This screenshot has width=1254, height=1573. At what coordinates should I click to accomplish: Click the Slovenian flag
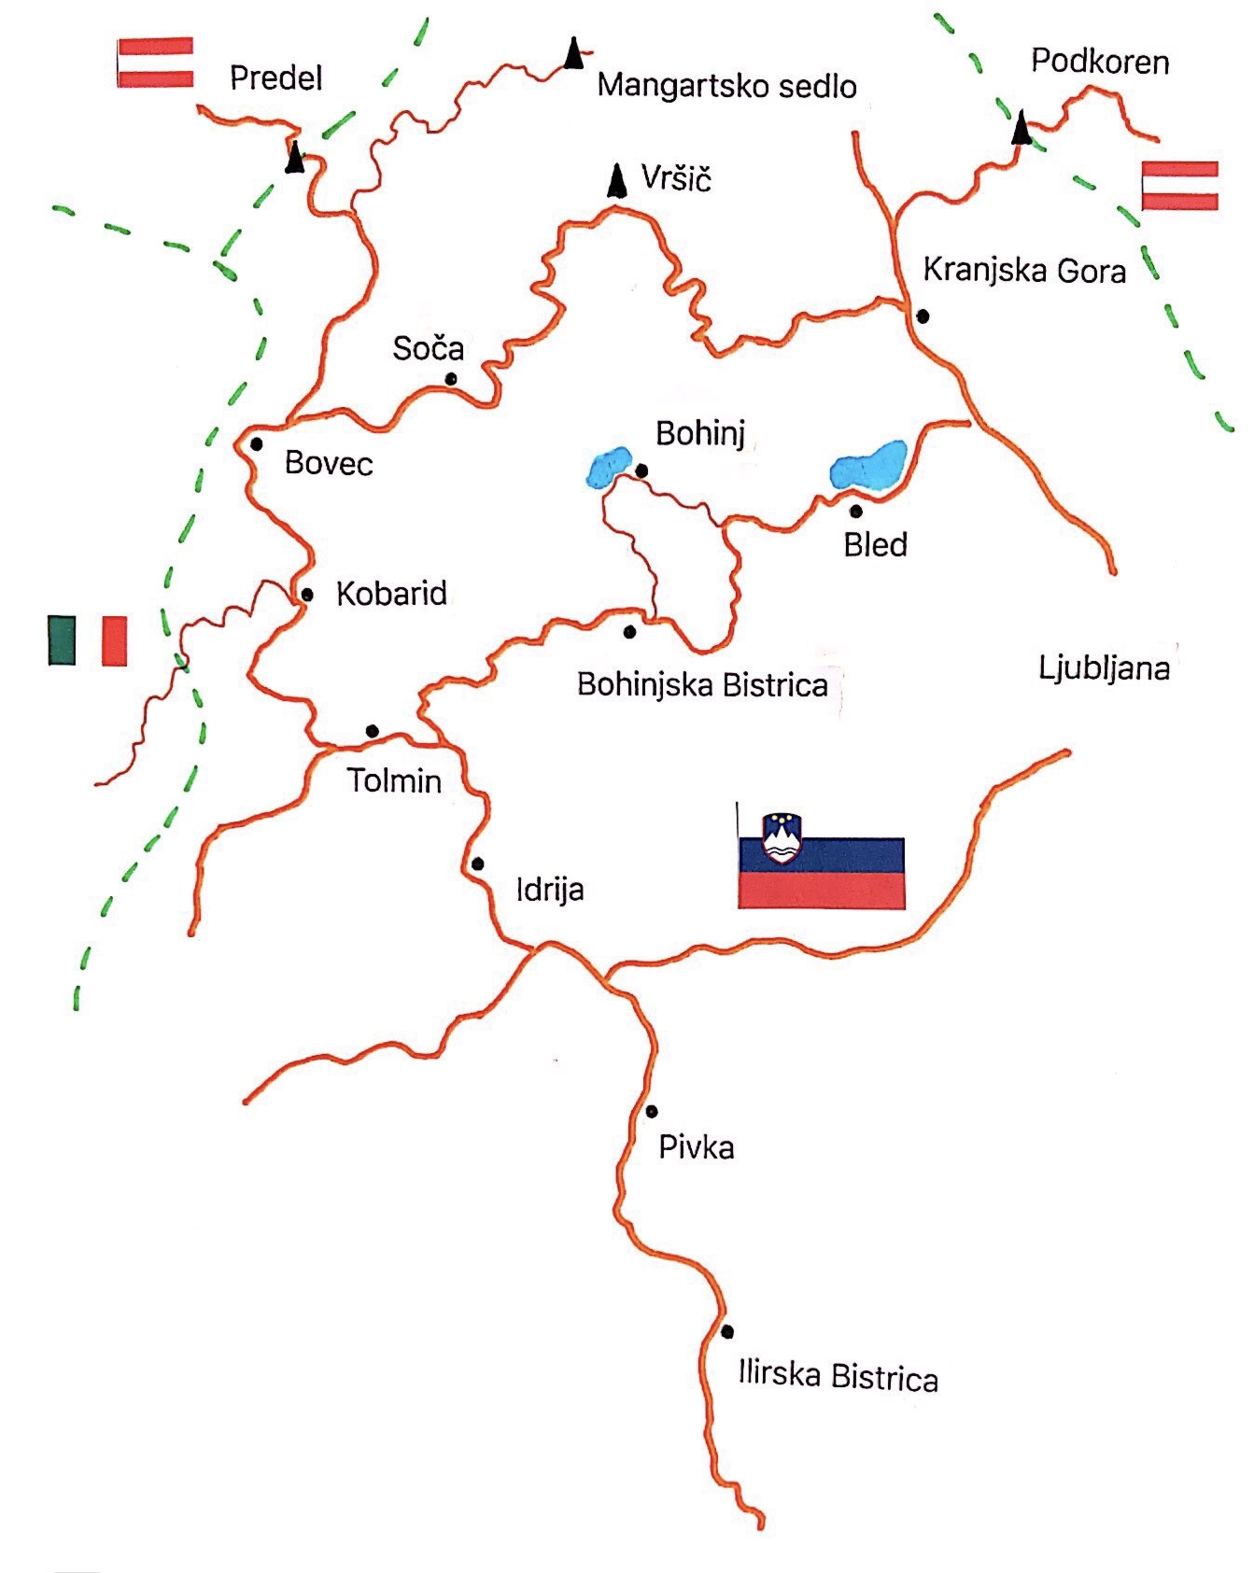coord(821,864)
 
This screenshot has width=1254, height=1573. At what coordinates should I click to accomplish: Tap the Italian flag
coord(88,639)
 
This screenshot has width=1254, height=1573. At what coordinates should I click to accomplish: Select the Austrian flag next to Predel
coord(155,63)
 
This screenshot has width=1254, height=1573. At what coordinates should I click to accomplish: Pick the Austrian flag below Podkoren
coord(1180,186)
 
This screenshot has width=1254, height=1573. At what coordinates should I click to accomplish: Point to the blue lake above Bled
coord(868,465)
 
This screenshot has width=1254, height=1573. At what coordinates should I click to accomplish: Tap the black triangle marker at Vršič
coord(616,181)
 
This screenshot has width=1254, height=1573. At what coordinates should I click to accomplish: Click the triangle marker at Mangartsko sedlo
coord(573,53)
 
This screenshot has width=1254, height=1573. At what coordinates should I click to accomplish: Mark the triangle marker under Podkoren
coord(1023,128)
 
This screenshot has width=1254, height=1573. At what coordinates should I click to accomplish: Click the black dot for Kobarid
coord(307,595)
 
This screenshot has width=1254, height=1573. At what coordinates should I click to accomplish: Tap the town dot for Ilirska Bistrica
coord(727,1331)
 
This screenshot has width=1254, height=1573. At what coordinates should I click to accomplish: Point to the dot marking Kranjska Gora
coord(923,316)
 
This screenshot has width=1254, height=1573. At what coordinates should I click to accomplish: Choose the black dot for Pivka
coord(652,1111)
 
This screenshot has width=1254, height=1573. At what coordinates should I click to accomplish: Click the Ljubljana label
coord(1104,668)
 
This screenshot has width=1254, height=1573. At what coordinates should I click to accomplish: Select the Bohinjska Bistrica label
coord(702,684)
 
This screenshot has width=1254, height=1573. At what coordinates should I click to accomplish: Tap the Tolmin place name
coord(394,780)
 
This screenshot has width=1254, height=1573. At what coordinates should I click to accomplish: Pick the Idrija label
coord(550,889)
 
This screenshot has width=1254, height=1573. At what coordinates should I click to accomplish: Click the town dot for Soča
coord(451,379)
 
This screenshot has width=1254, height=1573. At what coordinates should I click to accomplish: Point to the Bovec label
coord(329,463)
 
